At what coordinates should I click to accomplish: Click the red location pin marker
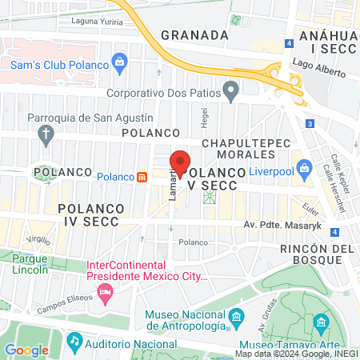point(180,162)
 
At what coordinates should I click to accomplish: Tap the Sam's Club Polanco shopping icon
point(119,60)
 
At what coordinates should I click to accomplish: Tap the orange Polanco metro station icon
point(142,176)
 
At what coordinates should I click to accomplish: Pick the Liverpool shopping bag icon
point(304,168)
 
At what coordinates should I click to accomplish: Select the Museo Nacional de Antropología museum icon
point(236,319)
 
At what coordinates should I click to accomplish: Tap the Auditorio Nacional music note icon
point(74,340)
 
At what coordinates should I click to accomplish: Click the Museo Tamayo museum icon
point(321,323)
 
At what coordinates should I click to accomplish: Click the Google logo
point(26,350)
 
